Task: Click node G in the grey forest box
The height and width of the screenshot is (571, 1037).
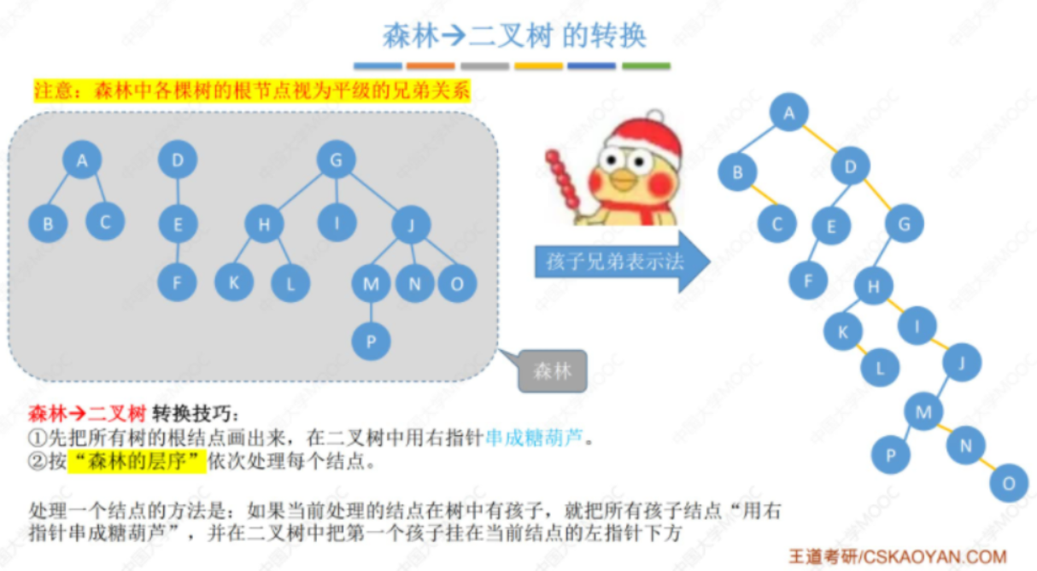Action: click(x=336, y=160)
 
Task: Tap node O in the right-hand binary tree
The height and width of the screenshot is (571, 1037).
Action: click(x=1008, y=484)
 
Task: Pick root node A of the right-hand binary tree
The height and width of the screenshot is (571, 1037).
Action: click(x=788, y=113)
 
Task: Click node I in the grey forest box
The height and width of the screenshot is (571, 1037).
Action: click(x=337, y=223)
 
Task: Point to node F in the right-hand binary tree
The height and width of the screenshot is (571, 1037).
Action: click(x=807, y=279)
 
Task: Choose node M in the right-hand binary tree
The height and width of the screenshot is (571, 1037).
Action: click(x=923, y=413)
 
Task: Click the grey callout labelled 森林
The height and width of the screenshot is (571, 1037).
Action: click(x=552, y=371)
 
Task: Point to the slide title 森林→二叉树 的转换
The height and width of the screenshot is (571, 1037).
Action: click(x=513, y=36)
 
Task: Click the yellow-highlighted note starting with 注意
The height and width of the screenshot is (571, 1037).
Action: click(x=251, y=91)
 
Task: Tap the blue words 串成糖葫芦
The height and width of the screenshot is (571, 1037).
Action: click(x=536, y=439)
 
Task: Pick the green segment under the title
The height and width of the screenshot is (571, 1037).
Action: click(x=646, y=66)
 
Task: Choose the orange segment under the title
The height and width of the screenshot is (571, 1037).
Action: click(x=431, y=66)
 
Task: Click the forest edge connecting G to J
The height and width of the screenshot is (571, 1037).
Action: click(x=374, y=192)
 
